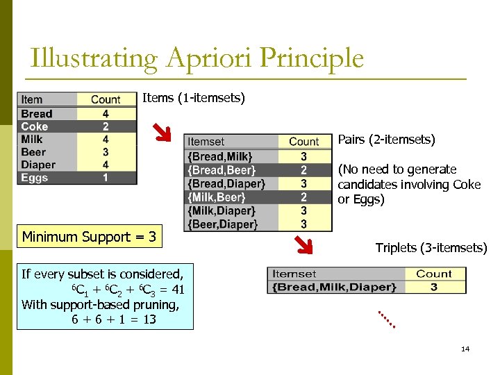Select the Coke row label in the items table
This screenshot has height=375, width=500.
(35, 126)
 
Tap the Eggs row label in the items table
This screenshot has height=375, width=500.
(35, 178)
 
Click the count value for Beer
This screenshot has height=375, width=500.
(106, 152)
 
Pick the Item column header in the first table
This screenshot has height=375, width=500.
(32, 100)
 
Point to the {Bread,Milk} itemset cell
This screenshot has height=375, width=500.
(220, 157)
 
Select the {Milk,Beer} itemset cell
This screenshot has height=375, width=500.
(217, 197)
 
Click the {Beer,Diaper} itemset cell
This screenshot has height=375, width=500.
(222, 224)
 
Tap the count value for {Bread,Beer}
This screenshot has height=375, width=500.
(303, 170)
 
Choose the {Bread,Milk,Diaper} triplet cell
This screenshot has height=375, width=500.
(335, 287)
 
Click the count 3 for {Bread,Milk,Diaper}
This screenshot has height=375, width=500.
(433, 287)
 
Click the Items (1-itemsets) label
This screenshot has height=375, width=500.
(194, 98)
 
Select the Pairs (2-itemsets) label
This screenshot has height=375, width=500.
(387, 140)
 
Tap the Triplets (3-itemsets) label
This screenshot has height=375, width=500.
(431, 248)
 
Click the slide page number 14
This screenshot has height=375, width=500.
(465, 349)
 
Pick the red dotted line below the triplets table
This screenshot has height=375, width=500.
(386, 319)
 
